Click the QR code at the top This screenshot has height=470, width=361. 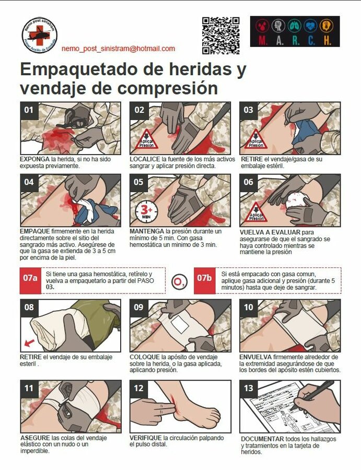click(220, 36)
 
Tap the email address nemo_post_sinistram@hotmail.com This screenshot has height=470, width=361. click(118, 49)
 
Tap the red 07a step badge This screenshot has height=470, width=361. click(30, 278)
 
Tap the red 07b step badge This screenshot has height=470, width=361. click(204, 278)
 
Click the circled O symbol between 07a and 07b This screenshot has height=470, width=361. click(179, 281)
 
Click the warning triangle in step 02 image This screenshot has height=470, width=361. click(147, 139)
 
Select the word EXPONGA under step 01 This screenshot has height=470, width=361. click(34, 159)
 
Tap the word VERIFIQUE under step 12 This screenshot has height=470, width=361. click(145, 438)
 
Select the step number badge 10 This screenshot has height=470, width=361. click(249, 308)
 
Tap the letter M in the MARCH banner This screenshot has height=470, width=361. click(262, 40)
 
